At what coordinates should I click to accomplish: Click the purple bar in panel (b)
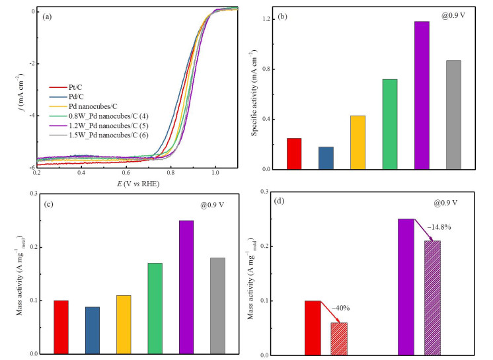tap(422, 96)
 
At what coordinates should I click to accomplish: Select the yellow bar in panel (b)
tap(358, 143)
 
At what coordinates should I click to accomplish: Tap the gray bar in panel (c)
tap(217, 306)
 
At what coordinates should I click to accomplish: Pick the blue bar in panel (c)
tap(93, 330)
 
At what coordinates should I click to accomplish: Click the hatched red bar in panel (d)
tap(339, 339)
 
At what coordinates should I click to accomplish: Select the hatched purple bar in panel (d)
tap(432, 298)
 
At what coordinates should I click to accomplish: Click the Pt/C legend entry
tap(65, 87)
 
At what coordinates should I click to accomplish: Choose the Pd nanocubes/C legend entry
tap(83, 106)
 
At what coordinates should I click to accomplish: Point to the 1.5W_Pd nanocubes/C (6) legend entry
tap(98, 135)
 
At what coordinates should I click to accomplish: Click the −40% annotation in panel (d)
tap(341, 308)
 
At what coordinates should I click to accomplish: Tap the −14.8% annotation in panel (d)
tap(439, 227)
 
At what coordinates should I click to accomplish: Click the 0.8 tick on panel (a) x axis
tap(171, 173)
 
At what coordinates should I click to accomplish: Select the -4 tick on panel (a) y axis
tap(32, 116)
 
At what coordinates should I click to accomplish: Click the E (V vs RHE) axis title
tap(138, 184)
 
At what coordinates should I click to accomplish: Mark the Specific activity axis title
tap(254, 93)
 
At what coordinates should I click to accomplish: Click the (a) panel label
tap(47, 17)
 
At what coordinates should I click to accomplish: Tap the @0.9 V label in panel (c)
tap(212, 205)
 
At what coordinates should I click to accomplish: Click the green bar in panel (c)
tap(155, 308)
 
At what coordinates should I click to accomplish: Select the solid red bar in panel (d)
tap(313, 328)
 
